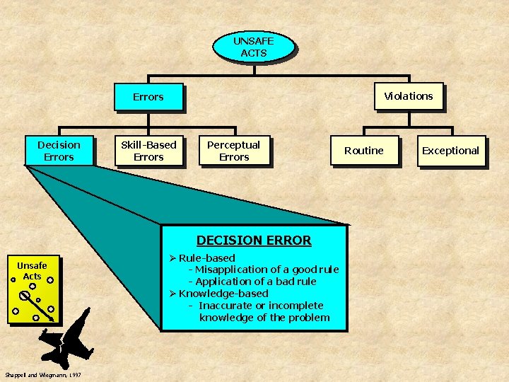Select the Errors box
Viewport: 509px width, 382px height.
148,97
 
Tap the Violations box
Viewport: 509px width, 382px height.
409,96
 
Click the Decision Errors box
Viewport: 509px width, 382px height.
59,151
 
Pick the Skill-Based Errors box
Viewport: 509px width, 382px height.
148,151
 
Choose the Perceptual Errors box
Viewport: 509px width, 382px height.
233,151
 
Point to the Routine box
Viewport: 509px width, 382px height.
363,151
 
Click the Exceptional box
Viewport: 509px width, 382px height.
450,151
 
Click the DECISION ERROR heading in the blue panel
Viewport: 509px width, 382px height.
254,241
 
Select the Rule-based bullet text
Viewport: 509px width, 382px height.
207,257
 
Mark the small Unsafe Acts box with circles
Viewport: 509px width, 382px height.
33,288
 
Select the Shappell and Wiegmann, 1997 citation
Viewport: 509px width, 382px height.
42,374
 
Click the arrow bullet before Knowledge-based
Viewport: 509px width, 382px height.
172,294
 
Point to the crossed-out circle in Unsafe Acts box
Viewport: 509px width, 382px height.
25,295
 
